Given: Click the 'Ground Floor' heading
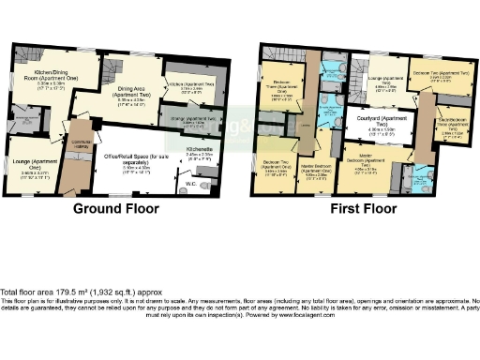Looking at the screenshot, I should coord(119,207).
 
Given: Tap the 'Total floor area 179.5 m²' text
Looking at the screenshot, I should coord(56,292).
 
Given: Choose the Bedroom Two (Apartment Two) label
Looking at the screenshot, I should coord(428,75).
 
